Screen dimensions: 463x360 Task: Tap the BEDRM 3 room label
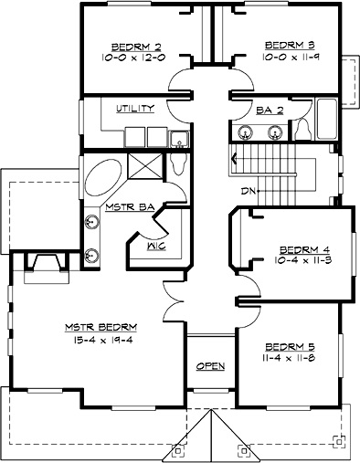coord(282,44)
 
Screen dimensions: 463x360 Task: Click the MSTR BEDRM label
coord(101,328)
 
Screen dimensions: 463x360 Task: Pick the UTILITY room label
coord(134,108)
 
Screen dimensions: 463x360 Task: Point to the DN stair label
coord(247,190)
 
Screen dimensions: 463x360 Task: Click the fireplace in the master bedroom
coord(46,265)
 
